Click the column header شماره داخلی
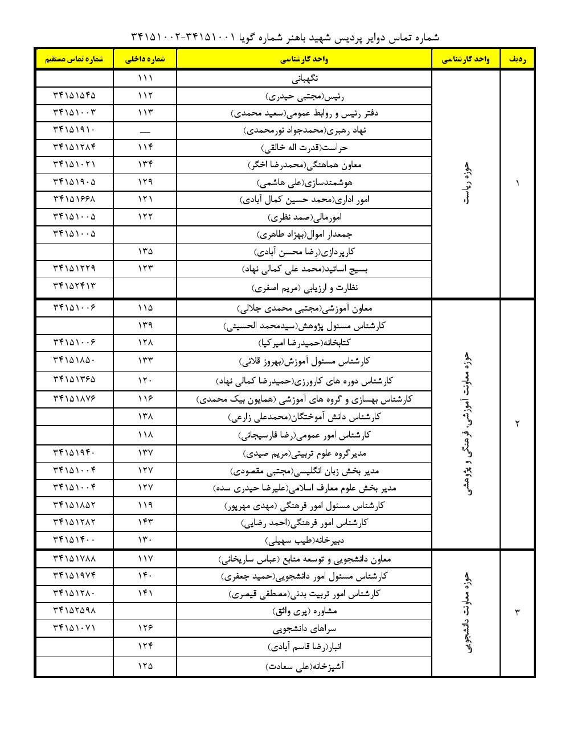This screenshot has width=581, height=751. [x=145, y=59]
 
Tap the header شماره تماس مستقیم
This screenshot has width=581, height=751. [x=74, y=59]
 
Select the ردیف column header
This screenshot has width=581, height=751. [x=517, y=59]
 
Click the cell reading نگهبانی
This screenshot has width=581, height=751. [x=304, y=78]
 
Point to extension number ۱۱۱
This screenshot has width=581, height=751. [x=145, y=78]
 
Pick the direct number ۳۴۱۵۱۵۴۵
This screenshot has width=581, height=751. [x=74, y=96]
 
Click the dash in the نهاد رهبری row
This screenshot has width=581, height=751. [x=145, y=131]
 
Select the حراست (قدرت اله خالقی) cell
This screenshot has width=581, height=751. [x=304, y=148]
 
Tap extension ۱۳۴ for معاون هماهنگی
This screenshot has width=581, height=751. [x=145, y=165]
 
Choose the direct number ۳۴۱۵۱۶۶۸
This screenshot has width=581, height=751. [x=74, y=200]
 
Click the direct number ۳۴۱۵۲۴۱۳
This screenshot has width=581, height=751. [x=74, y=286]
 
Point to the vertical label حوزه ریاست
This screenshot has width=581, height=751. [x=467, y=183]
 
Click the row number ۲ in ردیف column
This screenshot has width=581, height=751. [x=517, y=423]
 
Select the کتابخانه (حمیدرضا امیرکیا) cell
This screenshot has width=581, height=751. [x=304, y=343]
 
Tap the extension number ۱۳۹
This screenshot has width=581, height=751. [x=145, y=325]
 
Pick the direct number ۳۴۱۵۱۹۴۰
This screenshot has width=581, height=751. [x=74, y=453]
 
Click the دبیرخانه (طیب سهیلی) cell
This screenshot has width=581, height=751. [x=304, y=540]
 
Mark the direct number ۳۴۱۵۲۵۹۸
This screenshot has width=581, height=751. [x=74, y=610]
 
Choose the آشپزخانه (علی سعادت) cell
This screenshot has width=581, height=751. [x=304, y=666]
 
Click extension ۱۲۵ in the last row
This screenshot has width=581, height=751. [x=145, y=666]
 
